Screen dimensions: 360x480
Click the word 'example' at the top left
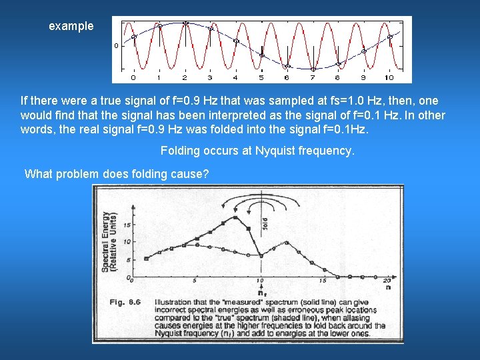(x=71, y=27)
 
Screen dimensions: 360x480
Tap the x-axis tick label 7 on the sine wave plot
(x=313, y=77)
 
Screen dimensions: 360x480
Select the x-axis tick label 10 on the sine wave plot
(x=390, y=77)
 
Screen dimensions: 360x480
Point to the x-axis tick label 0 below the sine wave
(x=133, y=77)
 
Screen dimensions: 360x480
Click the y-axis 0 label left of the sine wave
(x=116, y=46)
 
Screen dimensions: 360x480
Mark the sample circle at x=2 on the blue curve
(x=185, y=23)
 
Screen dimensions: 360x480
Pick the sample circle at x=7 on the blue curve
(x=313, y=67)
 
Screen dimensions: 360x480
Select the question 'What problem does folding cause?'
(x=117, y=175)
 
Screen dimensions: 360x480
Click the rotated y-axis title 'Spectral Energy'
(x=106, y=241)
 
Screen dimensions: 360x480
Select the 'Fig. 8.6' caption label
(x=125, y=302)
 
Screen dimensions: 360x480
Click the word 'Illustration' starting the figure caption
(x=176, y=302)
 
